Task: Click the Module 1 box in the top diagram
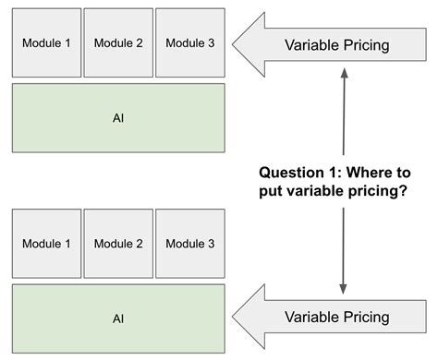click(46, 42)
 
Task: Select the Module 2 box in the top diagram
click(118, 42)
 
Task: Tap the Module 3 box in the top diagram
click(189, 42)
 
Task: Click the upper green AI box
click(118, 117)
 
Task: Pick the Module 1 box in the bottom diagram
click(46, 244)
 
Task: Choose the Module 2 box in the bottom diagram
click(118, 244)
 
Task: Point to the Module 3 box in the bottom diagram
click(189, 244)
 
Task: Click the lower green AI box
click(118, 318)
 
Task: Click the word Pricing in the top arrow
click(363, 44)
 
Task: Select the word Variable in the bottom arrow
click(310, 318)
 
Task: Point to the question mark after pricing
click(405, 191)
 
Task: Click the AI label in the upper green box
click(118, 118)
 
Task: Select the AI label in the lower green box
click(118, 319)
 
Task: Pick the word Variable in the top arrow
click(310, 44)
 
